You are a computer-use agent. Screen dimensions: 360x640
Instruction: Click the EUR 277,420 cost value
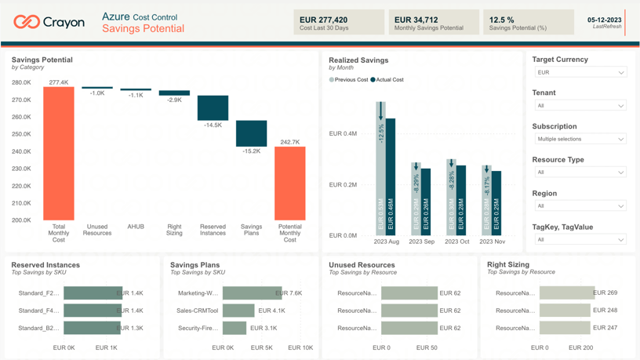[323, 20]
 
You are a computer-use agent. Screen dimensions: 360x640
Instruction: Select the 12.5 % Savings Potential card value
[502, 20]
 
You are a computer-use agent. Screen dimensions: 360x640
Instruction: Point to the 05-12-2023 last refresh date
[604, 20]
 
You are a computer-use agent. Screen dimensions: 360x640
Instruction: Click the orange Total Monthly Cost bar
[59, 153]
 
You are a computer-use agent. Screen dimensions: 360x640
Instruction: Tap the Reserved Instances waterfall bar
[213, 107]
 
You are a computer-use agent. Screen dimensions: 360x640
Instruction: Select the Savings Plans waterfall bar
[251, 133]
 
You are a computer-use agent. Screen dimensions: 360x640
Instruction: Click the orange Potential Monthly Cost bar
[289, 184]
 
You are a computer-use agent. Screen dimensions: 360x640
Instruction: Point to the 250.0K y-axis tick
[21, 134]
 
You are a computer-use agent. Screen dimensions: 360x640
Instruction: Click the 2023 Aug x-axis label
[386, 242]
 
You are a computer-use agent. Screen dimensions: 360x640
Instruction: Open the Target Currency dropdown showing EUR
[580, 72]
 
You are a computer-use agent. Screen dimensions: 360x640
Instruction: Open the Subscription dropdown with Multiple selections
[580, 139]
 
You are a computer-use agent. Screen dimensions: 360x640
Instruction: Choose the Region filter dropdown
[580, 205]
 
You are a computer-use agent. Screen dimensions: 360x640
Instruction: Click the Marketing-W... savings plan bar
[252, 293]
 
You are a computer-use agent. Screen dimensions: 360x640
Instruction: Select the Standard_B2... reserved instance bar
[92, 328]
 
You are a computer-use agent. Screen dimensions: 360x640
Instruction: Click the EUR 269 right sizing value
[605, 293]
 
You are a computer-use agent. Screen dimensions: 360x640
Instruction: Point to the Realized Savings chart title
[358, 60]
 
